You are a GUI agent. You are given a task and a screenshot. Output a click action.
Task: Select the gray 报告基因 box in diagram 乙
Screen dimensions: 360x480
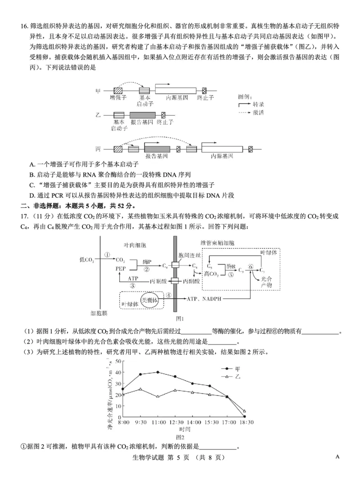click(142, 115)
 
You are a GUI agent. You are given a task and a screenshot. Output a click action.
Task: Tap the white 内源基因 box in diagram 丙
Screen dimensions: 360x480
click(222, 148)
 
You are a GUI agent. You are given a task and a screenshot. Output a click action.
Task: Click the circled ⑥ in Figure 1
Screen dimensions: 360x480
click(251, 266)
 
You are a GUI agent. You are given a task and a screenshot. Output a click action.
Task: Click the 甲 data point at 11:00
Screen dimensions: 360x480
click(157, 372)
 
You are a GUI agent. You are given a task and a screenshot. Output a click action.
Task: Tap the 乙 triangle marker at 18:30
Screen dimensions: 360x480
click(244, 411)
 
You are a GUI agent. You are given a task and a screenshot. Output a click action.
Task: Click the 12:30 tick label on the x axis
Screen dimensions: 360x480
click(175, 422)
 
